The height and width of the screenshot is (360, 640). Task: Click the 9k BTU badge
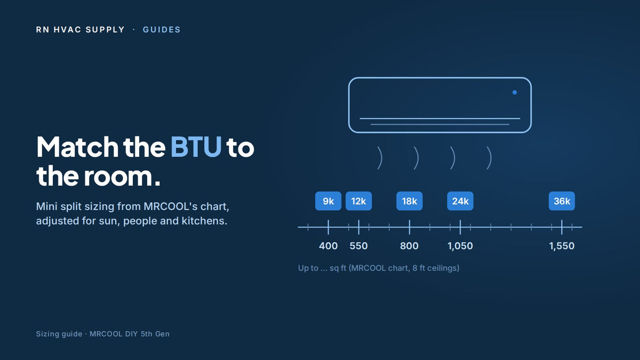click(x=328, y=201)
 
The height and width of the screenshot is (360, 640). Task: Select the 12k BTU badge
click(x=358, y=201)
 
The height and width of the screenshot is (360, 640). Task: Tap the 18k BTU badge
click(x=410, y=201)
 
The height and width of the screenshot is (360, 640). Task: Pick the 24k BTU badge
click(x=460, y=201)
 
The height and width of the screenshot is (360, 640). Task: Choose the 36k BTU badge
click(x=562, y=201)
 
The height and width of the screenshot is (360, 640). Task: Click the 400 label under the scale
click(x=329, y=246)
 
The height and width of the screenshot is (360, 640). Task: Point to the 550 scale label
click(x=358, y=246)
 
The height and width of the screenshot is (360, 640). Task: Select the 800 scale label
click(x=409, y=246)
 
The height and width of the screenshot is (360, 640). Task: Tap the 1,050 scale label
click(x=460, y=246)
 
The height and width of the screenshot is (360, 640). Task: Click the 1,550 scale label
click(x=562, y=246)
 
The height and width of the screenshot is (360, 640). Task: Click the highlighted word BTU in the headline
click(x=196, y=147)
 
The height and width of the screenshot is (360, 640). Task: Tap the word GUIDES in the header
click(x=162, y=30)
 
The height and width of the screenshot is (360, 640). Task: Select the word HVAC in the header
click(x=67, y=30)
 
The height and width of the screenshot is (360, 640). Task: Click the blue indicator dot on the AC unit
click(x=515, y=92)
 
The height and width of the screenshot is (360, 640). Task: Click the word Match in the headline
click(x=77, y=147)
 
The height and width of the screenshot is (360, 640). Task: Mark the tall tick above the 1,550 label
click(x=562, y=227)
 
